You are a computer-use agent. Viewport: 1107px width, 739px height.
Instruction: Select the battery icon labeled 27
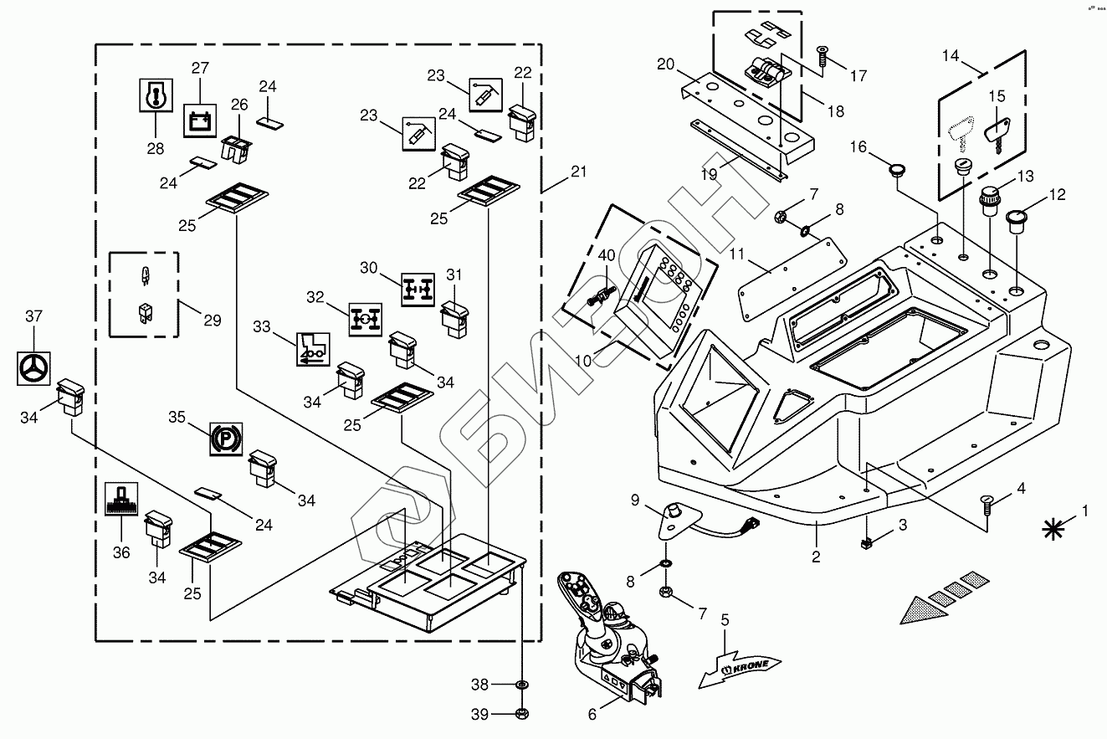[200, 121]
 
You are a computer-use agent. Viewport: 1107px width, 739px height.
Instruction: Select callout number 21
[578, 172]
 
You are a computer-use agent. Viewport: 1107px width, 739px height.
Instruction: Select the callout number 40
[606, 254]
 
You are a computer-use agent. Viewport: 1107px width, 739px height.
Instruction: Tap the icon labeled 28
[156, 96]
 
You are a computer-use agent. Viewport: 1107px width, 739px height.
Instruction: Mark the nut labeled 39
[521, 713]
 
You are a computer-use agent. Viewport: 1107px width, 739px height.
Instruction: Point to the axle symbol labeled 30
[418, 289]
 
